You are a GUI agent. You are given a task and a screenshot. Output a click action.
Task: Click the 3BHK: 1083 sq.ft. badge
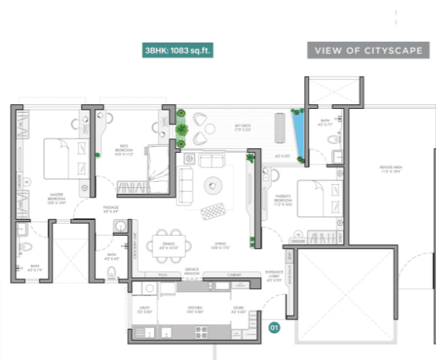click(177, 51)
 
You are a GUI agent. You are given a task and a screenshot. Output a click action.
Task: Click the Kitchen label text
click(194, 310)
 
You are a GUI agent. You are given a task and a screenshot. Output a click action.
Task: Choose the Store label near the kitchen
click(237, 310)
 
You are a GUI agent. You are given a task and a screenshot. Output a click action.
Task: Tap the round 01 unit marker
click(275, 327)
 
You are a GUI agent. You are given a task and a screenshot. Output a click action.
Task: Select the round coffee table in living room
click(212, 183)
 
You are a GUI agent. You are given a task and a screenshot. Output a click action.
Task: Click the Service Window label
click(193, 272)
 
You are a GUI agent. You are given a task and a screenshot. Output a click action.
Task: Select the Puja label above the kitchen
click(162, 274)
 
